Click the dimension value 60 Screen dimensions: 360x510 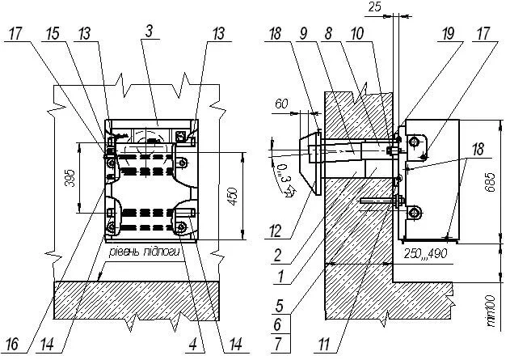point(281,104)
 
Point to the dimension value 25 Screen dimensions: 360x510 point(395,6)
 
